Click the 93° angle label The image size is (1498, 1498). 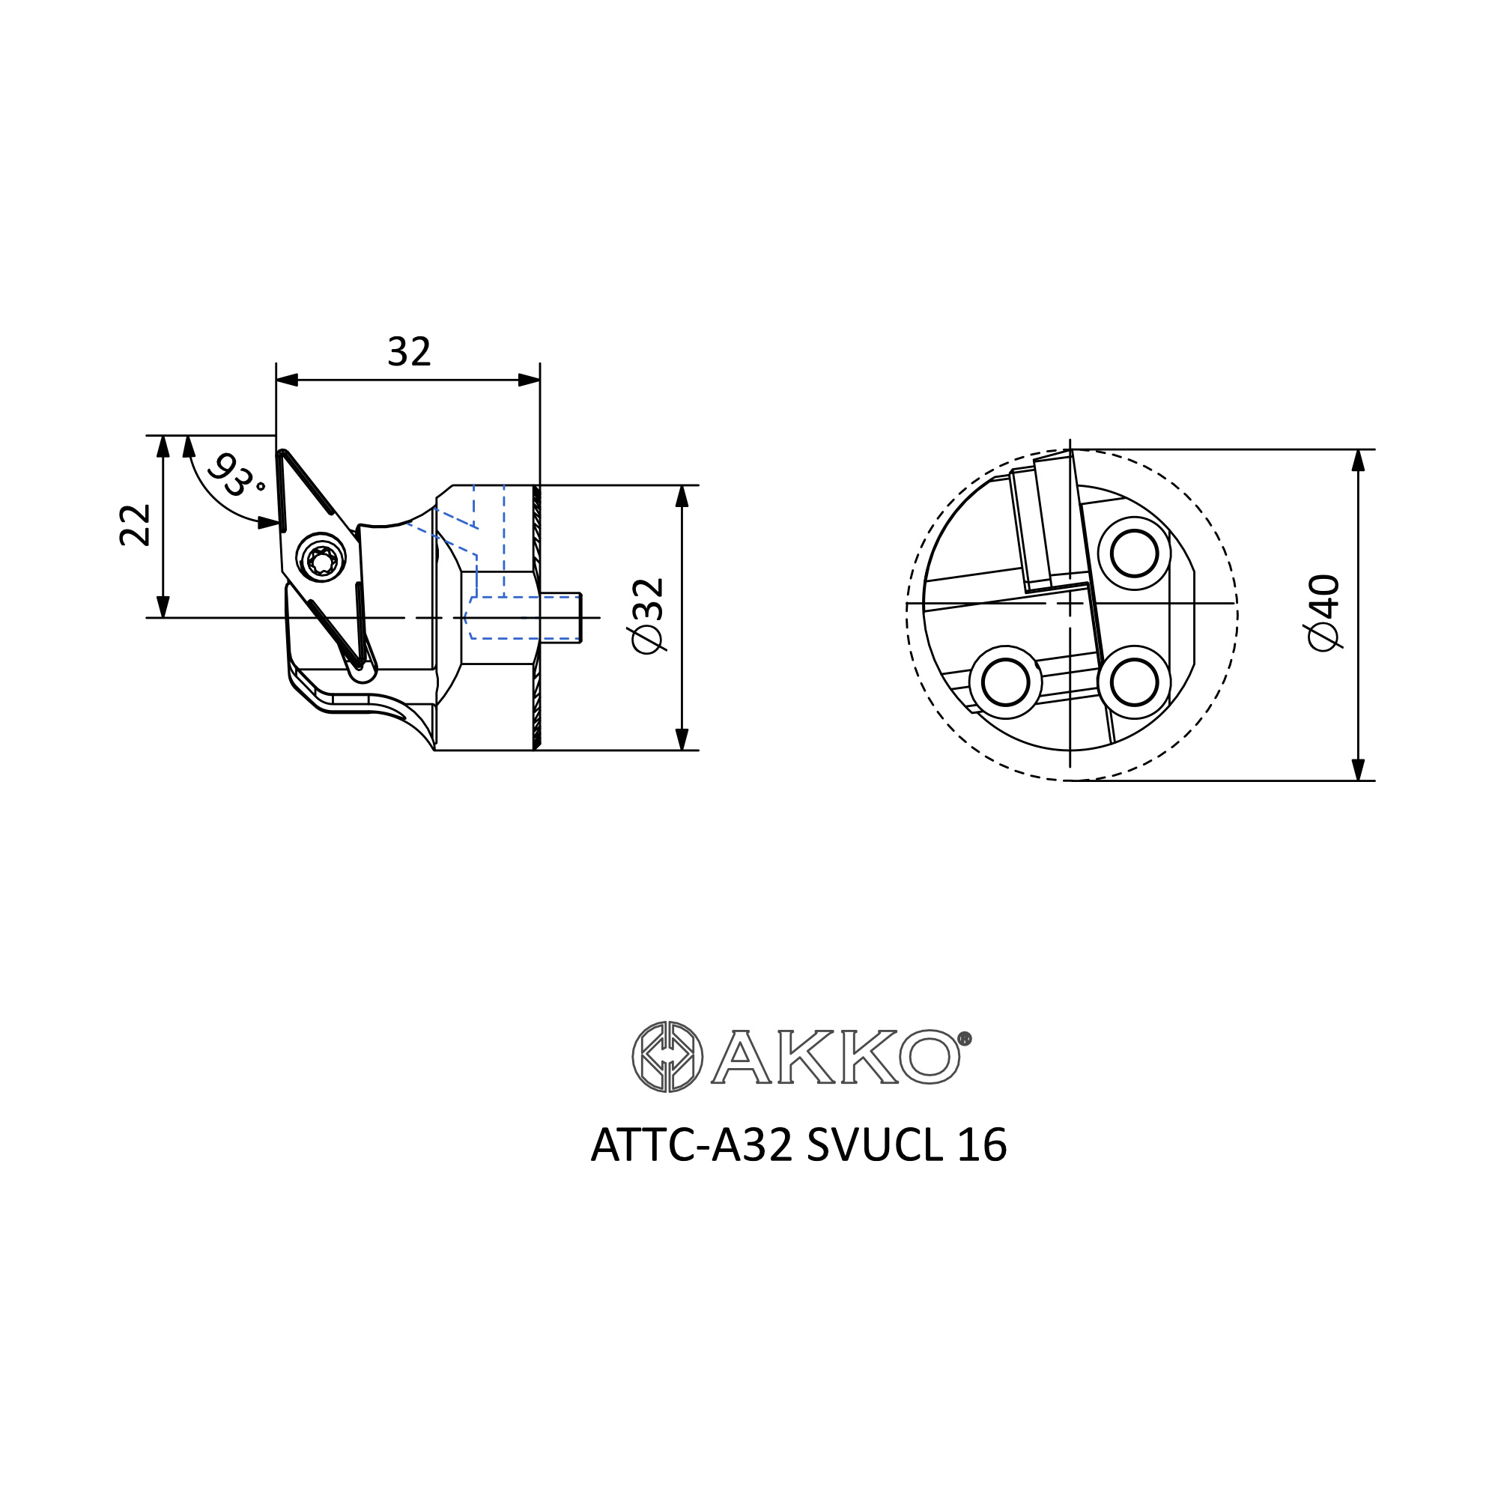[x=237, y=475]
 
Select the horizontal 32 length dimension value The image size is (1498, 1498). [x=409, y=352]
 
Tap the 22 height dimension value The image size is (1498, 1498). [x=136, y=525]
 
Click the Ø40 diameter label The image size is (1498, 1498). [x=1324, y=613]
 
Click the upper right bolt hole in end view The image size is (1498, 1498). [x=1133, y=554]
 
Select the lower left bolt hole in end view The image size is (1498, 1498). [x=1005, y=682]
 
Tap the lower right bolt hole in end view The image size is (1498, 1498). [x=1133, y=682]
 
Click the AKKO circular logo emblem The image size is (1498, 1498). [x=667, y=1057]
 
